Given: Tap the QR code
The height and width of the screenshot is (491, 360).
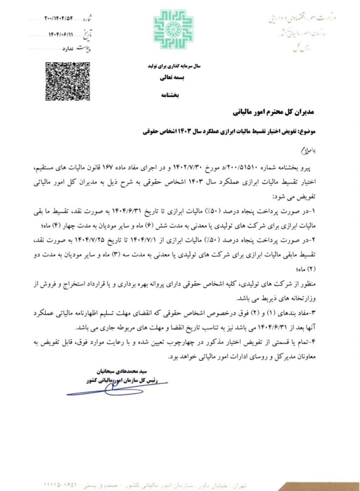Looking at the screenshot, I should click(x=68, y=81).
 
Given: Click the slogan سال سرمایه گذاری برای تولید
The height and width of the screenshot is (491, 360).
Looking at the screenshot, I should click(x=174, y=66).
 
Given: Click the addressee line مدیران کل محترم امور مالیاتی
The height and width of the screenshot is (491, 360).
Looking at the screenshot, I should click(x=273, y=112).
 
